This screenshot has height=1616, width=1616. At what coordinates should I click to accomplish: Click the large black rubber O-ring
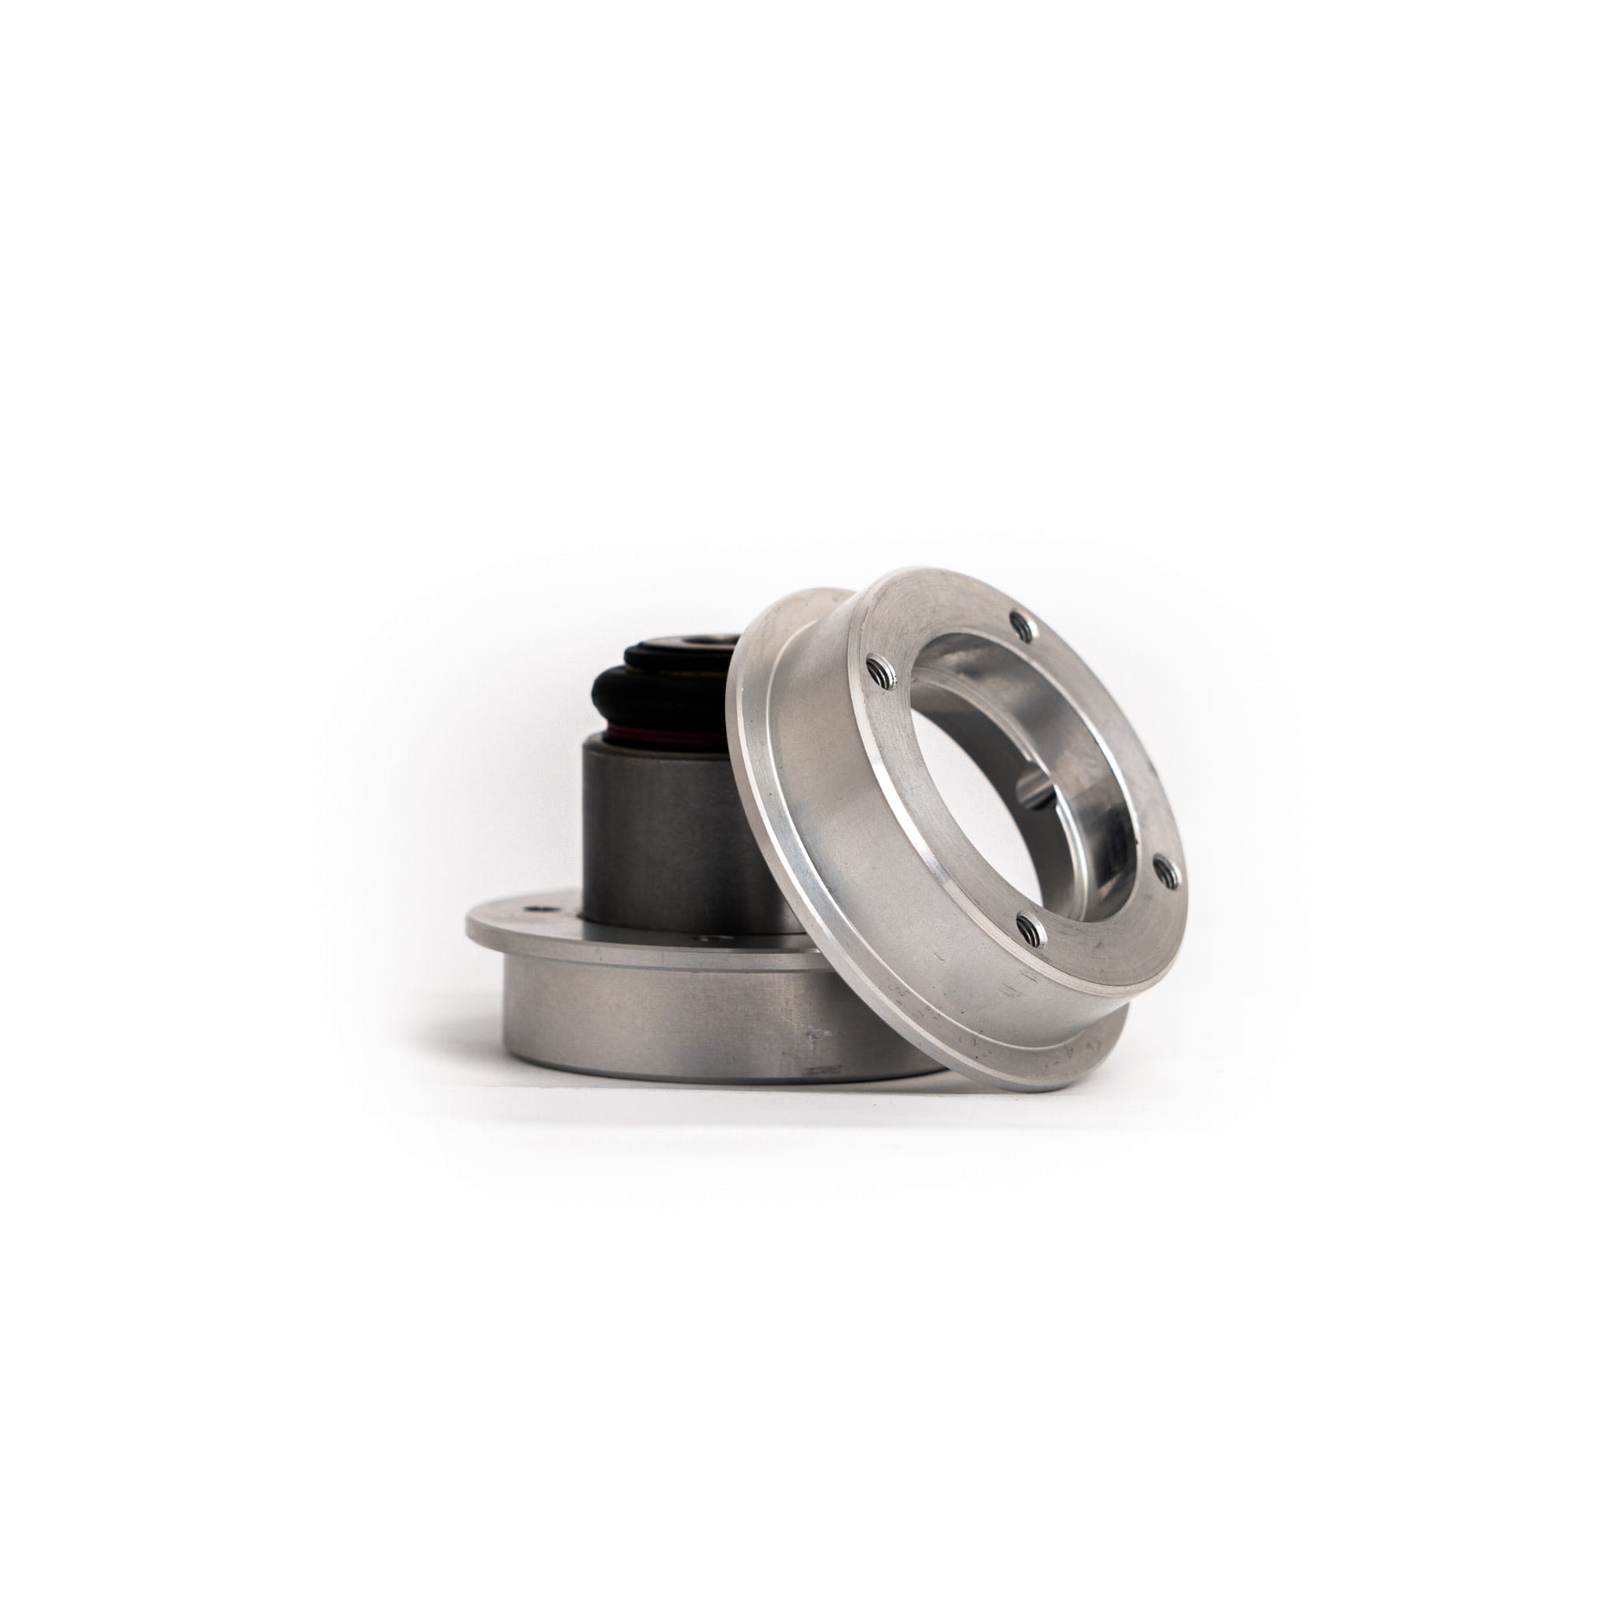[660, 696]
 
